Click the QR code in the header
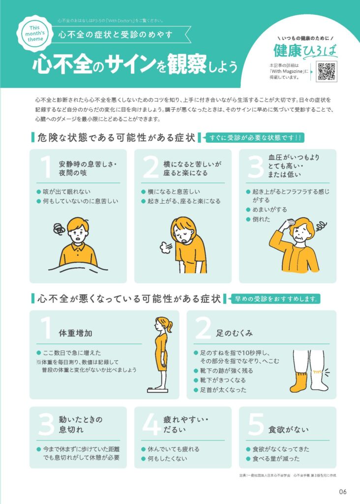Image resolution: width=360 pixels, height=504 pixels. [326, 71]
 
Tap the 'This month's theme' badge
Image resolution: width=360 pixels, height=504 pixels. [35, 33]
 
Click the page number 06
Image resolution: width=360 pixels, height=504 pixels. [342, 492]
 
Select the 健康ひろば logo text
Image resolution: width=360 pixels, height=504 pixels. [305, 51]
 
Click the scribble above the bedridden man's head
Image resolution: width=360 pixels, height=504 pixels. [60, 229]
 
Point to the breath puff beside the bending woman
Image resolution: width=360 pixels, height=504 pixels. [166, 247]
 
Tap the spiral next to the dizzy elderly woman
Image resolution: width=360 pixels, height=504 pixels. [321, 226]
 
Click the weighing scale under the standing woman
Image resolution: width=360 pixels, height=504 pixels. [157, 390]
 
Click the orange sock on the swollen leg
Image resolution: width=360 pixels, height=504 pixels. [298, 382]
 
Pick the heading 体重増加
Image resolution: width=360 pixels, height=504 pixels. [75, 333]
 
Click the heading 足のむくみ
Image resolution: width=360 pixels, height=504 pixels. [234, 333]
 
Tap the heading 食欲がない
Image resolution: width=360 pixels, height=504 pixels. [288, 430]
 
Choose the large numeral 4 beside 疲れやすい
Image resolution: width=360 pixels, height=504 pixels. [151, 424]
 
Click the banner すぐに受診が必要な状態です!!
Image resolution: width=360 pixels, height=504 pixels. [255, 138]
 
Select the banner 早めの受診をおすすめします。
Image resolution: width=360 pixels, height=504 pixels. [275, 299]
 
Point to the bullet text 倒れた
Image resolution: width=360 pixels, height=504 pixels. [262, 219]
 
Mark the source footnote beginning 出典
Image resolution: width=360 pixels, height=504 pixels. [288, 475]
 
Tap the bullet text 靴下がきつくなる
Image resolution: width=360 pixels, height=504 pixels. [223, 380]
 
